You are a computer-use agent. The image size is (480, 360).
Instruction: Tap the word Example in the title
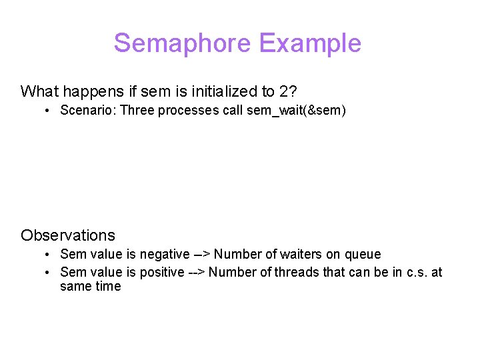click(x=310, y=43)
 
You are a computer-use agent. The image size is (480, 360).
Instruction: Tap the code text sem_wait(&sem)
click(x=296, y=111)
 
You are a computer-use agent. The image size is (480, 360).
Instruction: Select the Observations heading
click(x=68, y=235)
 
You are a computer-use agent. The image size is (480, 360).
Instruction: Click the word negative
click(x=165, y=254)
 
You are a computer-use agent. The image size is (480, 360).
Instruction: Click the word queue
click(x=363, y=254)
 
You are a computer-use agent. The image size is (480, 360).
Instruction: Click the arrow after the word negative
click(x=201, y=254)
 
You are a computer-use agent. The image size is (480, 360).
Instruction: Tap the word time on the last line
click(x=108, y=287)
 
